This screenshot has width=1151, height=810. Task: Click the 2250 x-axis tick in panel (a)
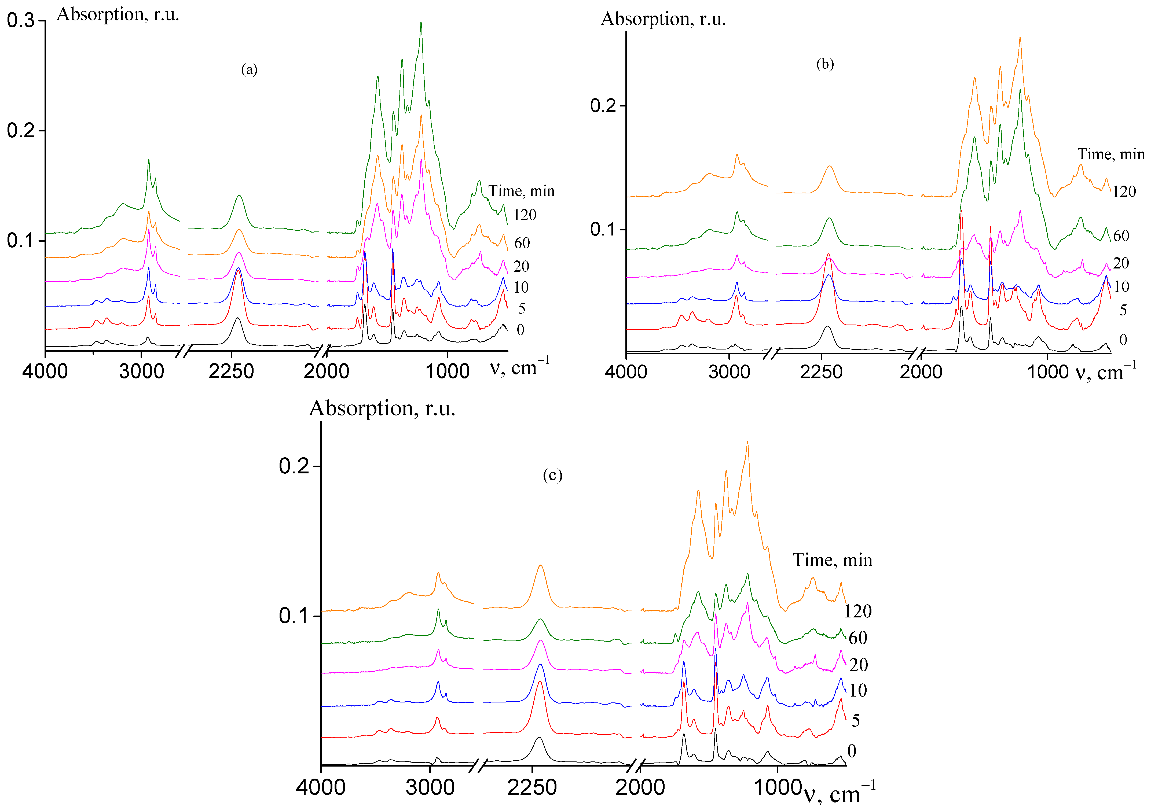pos(231,371)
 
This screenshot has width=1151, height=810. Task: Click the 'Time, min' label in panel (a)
pos(521,191)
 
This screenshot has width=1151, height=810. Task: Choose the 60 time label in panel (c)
pos(858,638)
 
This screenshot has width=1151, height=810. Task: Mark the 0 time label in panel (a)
pos(520,330)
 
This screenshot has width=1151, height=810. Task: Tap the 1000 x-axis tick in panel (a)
pos(447,371)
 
